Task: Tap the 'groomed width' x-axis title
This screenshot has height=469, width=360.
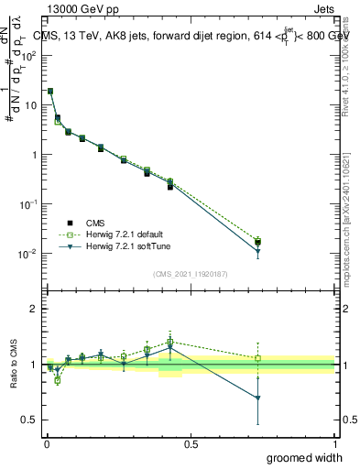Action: [x=294, y=457]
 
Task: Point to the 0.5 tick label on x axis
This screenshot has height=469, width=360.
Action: [x=191, y=443]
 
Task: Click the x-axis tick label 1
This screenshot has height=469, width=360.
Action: [x=335, y=443]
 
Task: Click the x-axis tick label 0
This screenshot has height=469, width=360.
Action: [x=46, y=443]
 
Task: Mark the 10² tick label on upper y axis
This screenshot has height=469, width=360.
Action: [x=29, y=55]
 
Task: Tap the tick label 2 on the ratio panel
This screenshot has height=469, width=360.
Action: [x=33, y=309]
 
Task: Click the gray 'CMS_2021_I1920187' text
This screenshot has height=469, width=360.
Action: [x=190, y=274]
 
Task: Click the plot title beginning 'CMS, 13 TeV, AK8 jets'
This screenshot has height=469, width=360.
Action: [x=191, y=36]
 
